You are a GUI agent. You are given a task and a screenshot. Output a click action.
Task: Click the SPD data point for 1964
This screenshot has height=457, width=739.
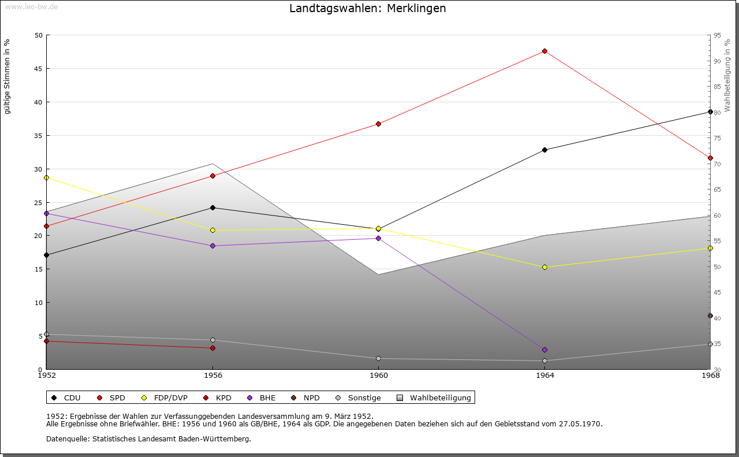544,51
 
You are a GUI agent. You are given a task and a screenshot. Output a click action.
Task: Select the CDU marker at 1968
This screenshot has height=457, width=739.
710,112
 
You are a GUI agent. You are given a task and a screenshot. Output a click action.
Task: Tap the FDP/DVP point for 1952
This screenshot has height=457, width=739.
47,178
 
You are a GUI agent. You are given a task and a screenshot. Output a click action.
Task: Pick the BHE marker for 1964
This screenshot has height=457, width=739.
544,350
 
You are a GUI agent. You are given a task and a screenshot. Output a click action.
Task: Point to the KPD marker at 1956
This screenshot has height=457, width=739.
212,348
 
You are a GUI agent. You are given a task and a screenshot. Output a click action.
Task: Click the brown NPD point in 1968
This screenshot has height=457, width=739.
710,316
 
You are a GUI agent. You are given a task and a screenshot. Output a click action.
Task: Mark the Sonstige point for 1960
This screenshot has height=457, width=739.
379,359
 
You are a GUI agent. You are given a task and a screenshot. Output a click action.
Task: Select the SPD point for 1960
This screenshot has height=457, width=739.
379,124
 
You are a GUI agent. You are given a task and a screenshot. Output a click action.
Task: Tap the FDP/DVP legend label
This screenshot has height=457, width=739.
170,398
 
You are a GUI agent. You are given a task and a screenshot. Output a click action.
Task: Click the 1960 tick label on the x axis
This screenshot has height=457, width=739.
379,376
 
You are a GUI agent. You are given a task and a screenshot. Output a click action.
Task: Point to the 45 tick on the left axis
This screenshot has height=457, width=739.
38,69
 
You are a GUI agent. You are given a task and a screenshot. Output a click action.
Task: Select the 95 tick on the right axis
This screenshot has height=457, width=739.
717,35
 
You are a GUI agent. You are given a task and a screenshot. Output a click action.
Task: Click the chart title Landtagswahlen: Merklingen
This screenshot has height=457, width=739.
368,9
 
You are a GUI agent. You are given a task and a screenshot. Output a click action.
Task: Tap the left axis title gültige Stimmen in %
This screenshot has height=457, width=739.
8,76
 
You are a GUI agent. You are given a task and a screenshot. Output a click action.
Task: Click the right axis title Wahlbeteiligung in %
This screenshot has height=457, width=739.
727,75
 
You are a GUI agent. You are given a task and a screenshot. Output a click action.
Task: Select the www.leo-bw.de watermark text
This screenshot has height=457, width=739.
31,6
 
